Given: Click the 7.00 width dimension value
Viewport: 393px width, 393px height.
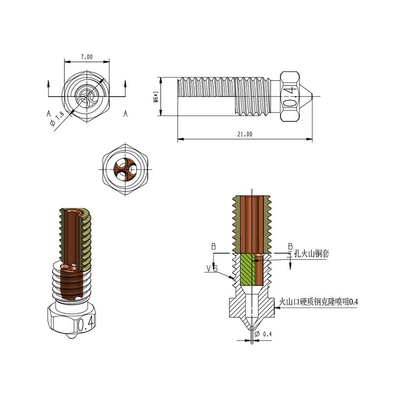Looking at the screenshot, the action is tap(86, 57).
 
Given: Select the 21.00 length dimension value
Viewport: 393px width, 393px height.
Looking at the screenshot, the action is tap(245, 134).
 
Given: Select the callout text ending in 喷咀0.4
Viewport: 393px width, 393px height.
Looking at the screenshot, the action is tap(318, 302).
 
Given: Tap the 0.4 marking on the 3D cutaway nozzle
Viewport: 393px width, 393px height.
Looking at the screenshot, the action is tap(86, 324).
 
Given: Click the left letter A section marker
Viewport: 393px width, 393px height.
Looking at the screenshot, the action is tap(49, 113).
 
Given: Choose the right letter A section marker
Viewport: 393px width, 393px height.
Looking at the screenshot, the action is tap(125, 113).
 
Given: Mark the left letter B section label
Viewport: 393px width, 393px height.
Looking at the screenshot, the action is tap(214, 246).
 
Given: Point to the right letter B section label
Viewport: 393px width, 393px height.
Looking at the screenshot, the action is tap(290, 246).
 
